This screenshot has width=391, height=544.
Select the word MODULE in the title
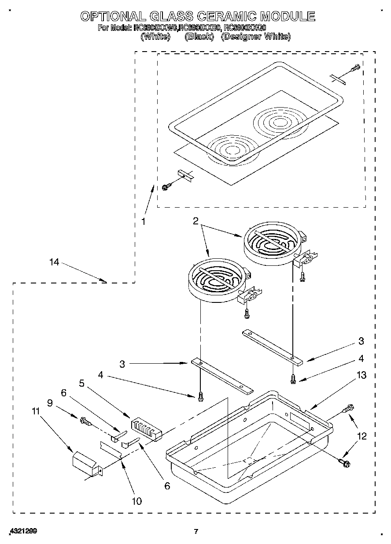point(288,16)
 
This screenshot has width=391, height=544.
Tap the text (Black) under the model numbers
point(199,37)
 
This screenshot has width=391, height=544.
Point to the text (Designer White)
point(256,37)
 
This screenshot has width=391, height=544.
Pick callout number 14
point(54,262)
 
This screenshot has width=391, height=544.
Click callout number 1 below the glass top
point(143,222)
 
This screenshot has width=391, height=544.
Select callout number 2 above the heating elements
point(195,221)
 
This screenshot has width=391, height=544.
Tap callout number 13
point(361,375)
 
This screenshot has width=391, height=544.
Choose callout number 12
point(361,436)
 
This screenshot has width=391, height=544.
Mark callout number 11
point(36,411)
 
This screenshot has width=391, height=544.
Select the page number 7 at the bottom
point(196,531)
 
